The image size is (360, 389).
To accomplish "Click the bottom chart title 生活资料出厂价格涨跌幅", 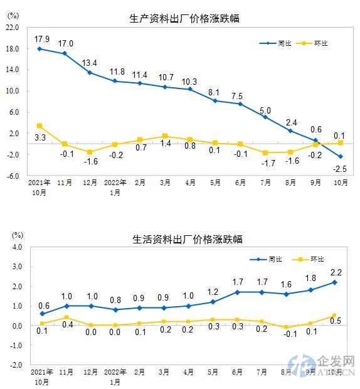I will click(x=187, y=239).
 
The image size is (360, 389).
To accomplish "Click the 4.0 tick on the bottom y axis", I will click(x=17, y=247).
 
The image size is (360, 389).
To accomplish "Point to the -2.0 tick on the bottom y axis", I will click(x=16, y=365).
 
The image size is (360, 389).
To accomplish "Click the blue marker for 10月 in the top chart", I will click(x=341, y=157).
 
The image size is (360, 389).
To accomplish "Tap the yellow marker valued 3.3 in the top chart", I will click(x=40, y=125).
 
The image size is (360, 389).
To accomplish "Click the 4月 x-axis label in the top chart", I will click(x=190, y=184).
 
